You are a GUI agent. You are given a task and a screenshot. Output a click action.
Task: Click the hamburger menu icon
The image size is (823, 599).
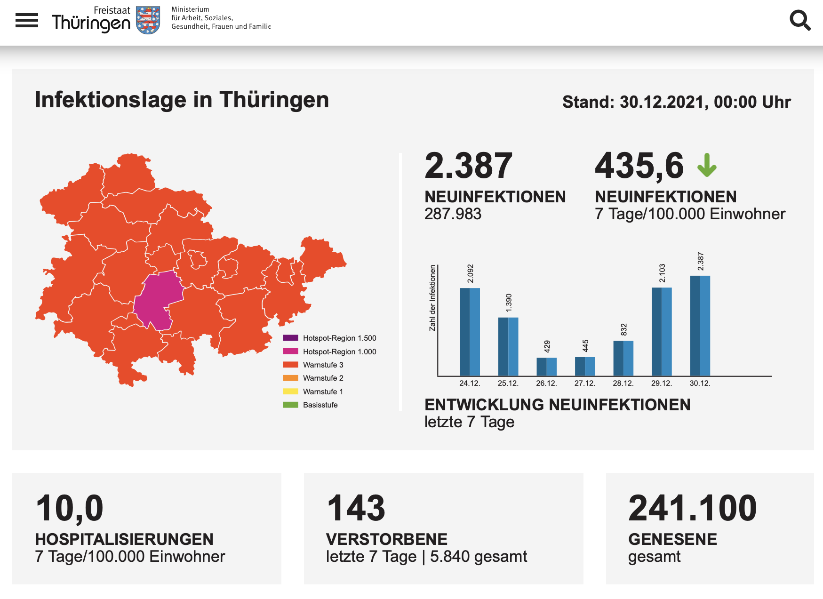27,20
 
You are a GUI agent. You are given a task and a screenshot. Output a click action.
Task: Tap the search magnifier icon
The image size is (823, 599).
800,20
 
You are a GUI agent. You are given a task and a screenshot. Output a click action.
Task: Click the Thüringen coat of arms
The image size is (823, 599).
148,20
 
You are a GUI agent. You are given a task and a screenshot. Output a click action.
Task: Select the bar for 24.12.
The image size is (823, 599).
470,332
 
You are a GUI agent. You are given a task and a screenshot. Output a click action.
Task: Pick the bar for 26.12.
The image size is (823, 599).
547,367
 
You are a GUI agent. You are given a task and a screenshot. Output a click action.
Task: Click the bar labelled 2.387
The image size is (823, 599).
700,326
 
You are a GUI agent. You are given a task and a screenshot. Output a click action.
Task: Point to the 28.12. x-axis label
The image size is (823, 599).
623,383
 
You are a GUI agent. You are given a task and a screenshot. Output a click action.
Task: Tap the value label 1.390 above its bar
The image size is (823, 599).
509,303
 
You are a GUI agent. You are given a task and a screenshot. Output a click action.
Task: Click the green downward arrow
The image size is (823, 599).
707,165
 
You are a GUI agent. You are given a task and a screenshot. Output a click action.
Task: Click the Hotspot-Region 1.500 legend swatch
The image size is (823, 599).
290,338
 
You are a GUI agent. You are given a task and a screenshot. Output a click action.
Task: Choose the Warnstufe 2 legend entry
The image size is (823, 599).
313,378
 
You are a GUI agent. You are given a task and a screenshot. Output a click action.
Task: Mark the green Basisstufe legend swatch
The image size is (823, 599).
290,405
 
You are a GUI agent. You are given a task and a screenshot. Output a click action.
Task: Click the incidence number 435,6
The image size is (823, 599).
639,166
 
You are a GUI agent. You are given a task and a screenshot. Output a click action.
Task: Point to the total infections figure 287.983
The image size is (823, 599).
453,214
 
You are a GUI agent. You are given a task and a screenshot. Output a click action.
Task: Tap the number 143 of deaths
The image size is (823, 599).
356,508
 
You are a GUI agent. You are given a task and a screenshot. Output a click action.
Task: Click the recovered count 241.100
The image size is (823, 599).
692,508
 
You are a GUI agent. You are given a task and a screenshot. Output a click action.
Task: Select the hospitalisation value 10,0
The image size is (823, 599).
69,509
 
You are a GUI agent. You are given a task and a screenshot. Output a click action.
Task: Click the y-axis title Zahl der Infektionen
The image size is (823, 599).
432,298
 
